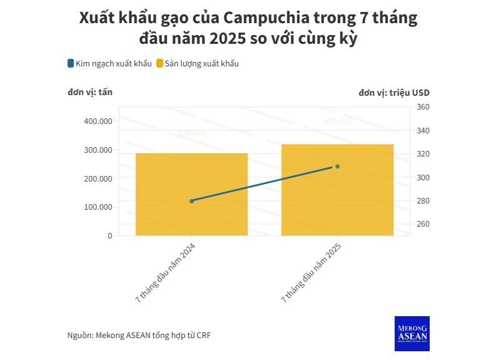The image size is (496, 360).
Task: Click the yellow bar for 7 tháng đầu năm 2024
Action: coord(191,194)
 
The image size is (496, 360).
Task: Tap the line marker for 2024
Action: coord(191,201)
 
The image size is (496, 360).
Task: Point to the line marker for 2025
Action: coord(337,167)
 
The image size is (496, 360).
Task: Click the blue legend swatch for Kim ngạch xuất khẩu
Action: coord(71,63)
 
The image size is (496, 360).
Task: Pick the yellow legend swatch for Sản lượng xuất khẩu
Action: coord(159,63)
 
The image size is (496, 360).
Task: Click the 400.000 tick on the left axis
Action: coord(97,121)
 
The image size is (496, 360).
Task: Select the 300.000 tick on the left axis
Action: coord(97,150)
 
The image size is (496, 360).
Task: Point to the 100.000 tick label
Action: coord(97,207)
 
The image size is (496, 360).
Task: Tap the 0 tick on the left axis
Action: coord(109,236)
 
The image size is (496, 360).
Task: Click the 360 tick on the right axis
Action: coord(423,108)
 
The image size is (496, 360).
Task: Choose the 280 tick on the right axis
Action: coord(423,201)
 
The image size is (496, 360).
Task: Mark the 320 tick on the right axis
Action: coord(423,154)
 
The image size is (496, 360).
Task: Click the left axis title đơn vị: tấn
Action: coord(90,93)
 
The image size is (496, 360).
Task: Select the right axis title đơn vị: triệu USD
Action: coord(394,93)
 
